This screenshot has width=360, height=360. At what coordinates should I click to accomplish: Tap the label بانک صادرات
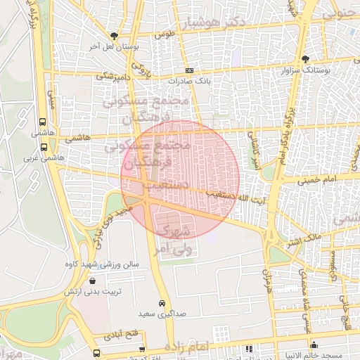pyautogui.click(x=193, y=82)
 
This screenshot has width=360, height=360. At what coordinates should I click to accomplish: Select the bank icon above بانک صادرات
pyautogui.click(x=189, y=70)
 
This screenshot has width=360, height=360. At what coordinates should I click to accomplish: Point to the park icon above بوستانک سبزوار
pyautogui.click(x=305, y=59)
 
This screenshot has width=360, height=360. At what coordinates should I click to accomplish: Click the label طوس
pyautogui.click(x=165, y=34)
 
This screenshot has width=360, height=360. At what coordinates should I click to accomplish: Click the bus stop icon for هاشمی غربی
pyautogui.click(x=44, y=148)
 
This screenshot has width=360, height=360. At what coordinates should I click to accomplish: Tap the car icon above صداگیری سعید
pyautogui.click(x=162, y=303)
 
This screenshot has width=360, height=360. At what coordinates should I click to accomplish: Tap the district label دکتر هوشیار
pyautogui.click(x=223, y=24)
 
